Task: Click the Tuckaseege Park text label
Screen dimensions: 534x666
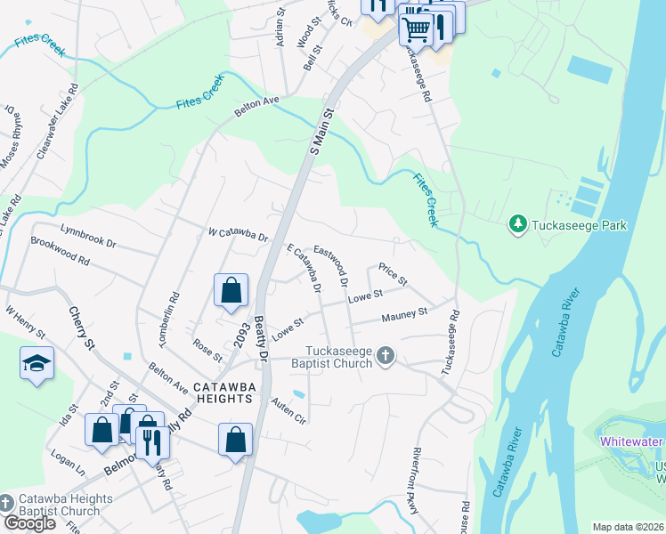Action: click(x=580, y=225)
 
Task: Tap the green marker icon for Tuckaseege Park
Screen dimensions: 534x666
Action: click(x=517, y=224)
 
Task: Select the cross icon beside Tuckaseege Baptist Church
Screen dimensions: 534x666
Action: click(x=386, y=357)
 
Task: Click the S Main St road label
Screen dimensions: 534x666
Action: click(x=321, y=132)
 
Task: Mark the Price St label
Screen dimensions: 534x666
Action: click(x=393, y=274)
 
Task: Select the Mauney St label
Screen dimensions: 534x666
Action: click(x=405, y=313)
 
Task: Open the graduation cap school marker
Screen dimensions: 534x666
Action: click(x=37, y=363)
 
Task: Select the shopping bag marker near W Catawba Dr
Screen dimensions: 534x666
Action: click(x=231, y=290)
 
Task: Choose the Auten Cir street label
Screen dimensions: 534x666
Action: click(x=288, y=410)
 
